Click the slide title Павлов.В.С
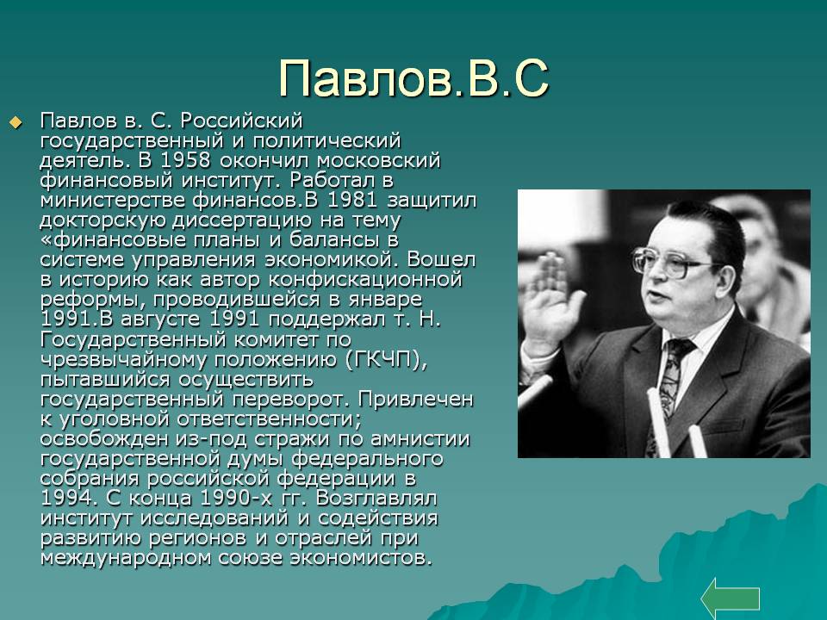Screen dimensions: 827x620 (x=413, y=78)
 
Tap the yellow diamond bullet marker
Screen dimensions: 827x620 (x=16, y=123)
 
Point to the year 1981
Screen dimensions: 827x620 (x=352, y=201)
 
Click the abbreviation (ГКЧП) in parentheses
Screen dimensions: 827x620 (x=386, y=360)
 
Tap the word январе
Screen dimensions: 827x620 (x=385, y=300)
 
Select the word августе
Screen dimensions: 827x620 (x=160, y=319)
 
